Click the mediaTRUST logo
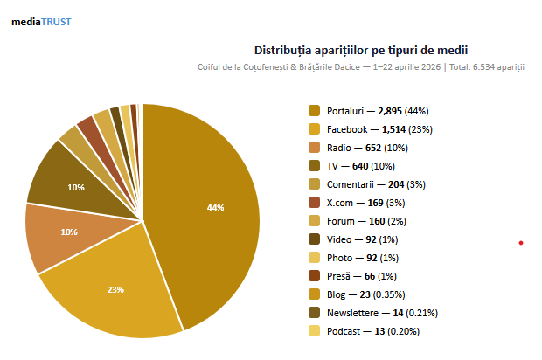click(x=41, y=21)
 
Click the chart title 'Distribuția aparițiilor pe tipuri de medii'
click(x=366, y=50)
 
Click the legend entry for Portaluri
click(x=368, y=111)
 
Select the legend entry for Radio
click(x=358, y=148)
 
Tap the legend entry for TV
click(x=354, y=166)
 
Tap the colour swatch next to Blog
click(x=314, y=294)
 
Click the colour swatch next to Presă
click(x=314, y=276)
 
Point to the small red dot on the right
click(x=521, y=242)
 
